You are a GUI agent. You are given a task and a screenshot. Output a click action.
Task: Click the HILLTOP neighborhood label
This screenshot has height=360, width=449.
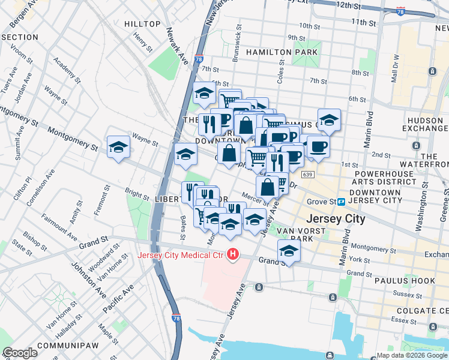pos(142,24)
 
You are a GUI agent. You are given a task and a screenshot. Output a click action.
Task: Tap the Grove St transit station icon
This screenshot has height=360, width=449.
pos(340,202)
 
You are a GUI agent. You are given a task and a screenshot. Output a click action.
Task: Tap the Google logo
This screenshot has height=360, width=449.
pos(20,353)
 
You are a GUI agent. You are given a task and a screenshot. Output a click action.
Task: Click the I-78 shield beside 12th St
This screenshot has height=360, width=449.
pos(401,11)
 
